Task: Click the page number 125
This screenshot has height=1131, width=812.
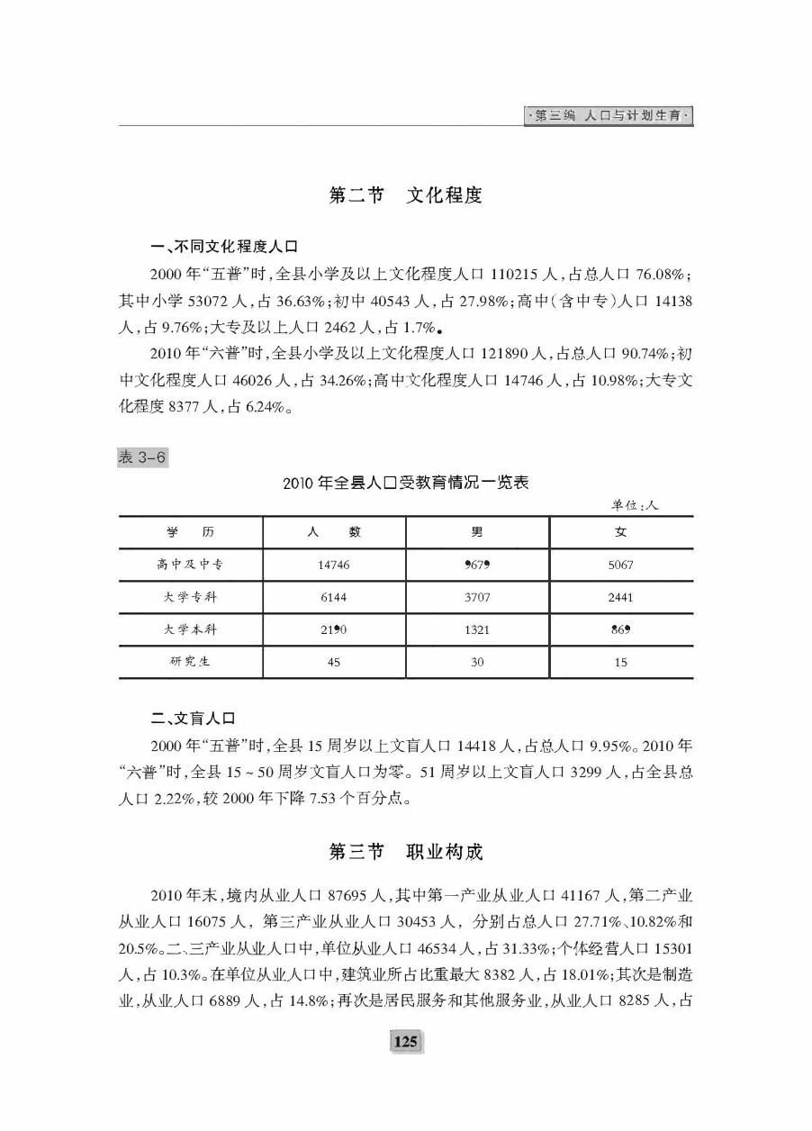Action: pos(405,1042)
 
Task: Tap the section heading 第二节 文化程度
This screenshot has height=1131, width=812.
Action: pos(405,195)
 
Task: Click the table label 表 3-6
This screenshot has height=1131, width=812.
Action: pos(143,457)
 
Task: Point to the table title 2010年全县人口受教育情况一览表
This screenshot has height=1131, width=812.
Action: pos(405,484)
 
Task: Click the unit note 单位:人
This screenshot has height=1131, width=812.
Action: pos(635,505)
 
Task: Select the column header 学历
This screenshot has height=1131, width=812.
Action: pos(190,532)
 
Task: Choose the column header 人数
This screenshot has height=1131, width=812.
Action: pos(333,532)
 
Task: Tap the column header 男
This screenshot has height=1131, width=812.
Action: pos(477,532)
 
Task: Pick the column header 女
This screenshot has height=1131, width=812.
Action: pos(621,532)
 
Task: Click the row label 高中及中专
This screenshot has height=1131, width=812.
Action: pos(190,565)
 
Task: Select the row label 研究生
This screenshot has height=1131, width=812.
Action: pos(190,662)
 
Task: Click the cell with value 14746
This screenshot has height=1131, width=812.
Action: pos(333,565)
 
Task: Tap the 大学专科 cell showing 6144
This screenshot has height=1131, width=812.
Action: pos(333,597)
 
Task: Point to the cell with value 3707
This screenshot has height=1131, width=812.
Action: pos(477,597)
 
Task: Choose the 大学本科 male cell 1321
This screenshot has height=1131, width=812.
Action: pos(477,629)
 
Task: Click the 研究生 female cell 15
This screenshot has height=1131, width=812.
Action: pos(621,662)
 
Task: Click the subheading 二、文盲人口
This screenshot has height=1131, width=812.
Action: pos(193,719)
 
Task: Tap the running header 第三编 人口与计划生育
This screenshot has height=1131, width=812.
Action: pos(609,116)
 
